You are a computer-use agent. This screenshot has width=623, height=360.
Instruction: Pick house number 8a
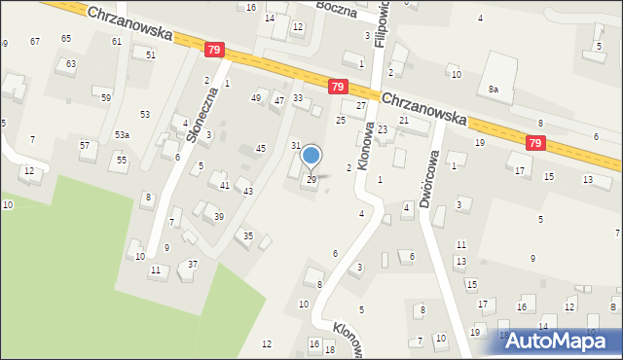pyautogui.click(x=494, y=89)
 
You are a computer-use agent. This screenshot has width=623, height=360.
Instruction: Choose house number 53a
pyautogui.click(x=122, y=134)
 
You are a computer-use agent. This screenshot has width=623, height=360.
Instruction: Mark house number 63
pyautogui.click(x=69, y=63)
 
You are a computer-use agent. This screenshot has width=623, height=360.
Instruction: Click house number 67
pyautogui.click(x=35, y=41)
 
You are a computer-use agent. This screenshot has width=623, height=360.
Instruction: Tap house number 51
pyautogui.click(x=151, y=54)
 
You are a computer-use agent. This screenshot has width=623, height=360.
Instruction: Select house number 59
pyautogui.click(x=106, y=98)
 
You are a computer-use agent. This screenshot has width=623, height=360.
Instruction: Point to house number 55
pyautogui.click(x=122, y=159)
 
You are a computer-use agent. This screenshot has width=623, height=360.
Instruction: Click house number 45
pyautogui.click(x=260, y=148)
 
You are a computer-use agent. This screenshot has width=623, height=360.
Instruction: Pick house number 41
pyautogui.click(x=224, y=185)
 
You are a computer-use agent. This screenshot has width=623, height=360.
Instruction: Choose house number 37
pyautogui.click(x=193, y=265)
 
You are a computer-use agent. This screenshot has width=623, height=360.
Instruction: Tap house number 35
pyautogui.click(x=248, y=235)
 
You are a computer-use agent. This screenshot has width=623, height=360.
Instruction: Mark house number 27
pyautogui.click(x=361, y=105)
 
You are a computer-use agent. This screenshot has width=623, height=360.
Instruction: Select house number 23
pyautogui.click(x=383, y=129)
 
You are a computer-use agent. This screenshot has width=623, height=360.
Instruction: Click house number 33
pyautogui.click(x=298, y=97)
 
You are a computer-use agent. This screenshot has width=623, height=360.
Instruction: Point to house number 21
pyautogui.click(x=404, y=120)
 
